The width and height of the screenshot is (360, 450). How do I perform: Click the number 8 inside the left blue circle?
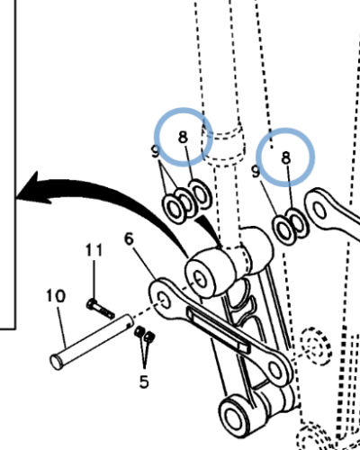[183, 138]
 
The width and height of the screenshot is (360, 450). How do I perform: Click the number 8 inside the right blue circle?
[286, 157]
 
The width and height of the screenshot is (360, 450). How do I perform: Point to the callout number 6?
[129, 239]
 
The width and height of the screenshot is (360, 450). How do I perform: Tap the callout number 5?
[143, 381]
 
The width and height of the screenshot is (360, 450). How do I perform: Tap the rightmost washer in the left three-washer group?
[202, 194]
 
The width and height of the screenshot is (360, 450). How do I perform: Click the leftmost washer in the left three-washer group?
[171, 208]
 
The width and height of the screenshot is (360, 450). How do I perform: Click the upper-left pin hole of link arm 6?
[162, 298]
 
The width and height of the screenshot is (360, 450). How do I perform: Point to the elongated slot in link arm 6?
[215, 329]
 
